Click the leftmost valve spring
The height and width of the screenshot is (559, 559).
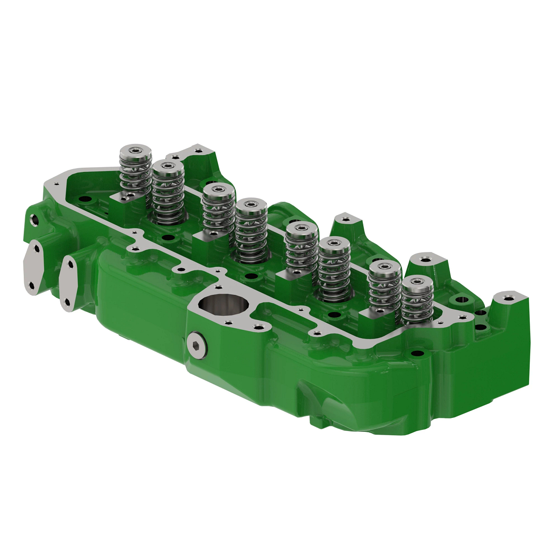136,172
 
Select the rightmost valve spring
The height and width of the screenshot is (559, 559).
417,303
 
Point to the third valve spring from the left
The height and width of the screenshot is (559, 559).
218,210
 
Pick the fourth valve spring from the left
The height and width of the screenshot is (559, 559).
251,231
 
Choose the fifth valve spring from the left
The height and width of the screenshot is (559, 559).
301,249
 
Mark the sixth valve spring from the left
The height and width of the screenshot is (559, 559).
334,270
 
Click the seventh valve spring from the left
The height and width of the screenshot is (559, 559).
384,286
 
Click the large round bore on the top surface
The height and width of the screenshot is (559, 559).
217,305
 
